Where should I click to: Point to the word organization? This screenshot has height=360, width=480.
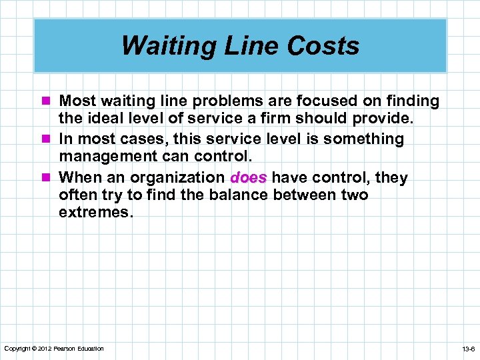coord(177,178)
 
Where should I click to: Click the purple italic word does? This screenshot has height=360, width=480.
coord(249,178)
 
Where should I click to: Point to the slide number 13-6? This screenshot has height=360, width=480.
coord(467,349)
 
